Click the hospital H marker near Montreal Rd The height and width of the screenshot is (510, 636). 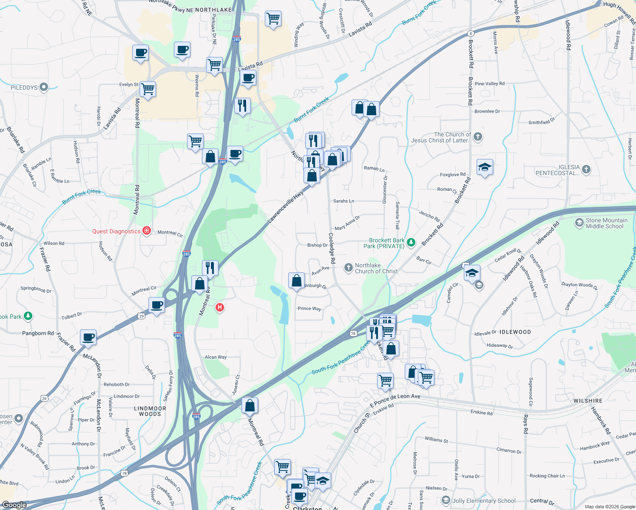(x=219, y=307)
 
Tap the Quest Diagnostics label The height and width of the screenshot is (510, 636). (x=116, y=232)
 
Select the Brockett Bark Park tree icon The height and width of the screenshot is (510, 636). (x=411, y=243)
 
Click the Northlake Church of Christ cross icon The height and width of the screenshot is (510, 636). (x=348, y=267)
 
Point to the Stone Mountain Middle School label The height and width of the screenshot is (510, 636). (x=606, y=223)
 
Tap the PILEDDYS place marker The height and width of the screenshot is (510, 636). (x=43, y=87)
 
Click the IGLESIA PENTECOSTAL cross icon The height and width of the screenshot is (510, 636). (x=586, y=170)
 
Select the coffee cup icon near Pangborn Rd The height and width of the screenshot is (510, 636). (x=88, y=337)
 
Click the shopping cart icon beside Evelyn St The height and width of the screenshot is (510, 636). (x=148, y=89)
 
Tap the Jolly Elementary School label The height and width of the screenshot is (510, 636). (x=484, y=501)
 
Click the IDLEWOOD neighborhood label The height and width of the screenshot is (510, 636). (x=515, y=332)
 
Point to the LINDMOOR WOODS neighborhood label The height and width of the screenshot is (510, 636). (x=150, y=411)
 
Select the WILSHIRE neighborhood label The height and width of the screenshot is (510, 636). (x=588, y=401)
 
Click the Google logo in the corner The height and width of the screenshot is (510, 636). (x=14, y=505)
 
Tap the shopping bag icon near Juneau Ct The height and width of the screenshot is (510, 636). (x=250, y=405)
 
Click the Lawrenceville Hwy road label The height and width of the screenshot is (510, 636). (x=286, y=207)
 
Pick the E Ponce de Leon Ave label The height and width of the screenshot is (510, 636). (x=395, y=399)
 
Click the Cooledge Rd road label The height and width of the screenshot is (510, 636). (x=332, y=248)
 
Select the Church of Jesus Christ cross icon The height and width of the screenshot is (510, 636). (x=478, y=137)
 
